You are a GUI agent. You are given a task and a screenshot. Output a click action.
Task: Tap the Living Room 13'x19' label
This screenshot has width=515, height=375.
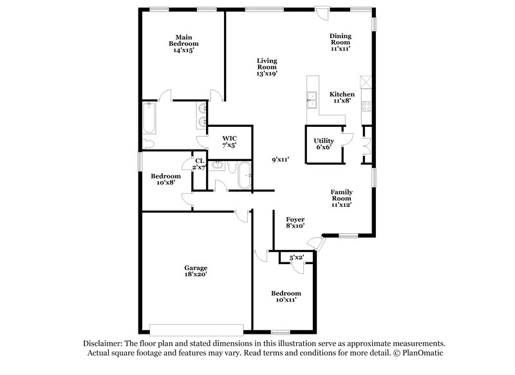(267, 67)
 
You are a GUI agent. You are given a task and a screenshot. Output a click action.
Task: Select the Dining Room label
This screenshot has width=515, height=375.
(341, 42)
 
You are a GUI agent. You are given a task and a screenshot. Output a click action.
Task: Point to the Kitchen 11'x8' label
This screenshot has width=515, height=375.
(342, 97)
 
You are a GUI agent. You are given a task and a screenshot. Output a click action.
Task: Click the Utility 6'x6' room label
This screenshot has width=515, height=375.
(323, 144)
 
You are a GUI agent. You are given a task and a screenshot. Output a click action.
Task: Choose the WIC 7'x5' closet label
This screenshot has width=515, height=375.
(230, 142)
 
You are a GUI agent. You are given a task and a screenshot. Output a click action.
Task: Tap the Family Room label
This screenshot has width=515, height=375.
(341, 198)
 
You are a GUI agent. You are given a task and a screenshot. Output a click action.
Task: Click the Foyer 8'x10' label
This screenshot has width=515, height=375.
(295, 223)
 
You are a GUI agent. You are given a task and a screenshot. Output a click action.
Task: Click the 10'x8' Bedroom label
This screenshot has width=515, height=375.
(165, 179)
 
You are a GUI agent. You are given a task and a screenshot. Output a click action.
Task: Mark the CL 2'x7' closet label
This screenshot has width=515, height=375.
(200, 164)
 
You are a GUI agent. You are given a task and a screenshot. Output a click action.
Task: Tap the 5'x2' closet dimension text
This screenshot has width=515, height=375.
(297, 258)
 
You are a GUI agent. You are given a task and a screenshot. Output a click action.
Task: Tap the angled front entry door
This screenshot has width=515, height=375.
(315, 243)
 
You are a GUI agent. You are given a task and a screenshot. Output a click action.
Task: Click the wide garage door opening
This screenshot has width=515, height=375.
(196, 326)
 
